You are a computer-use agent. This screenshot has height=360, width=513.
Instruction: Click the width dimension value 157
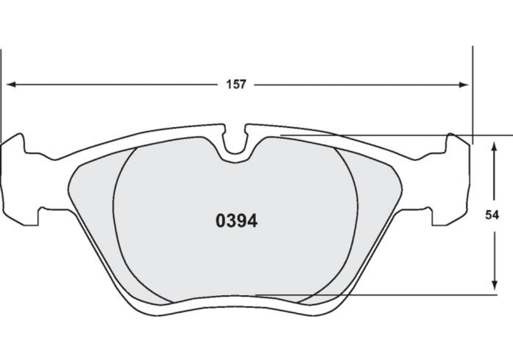click(236, 84)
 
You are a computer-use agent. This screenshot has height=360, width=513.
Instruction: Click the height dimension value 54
click(492, 215)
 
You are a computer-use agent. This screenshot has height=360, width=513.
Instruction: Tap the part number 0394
click(237, 221)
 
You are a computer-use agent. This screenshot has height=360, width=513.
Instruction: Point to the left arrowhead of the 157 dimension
click(11, 84)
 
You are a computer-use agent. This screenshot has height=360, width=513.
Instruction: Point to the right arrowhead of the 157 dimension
click(464, 85)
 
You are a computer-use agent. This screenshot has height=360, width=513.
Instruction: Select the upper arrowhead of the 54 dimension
click(494, 146)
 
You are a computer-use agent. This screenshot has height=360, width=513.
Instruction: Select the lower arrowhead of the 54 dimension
click(494, 284)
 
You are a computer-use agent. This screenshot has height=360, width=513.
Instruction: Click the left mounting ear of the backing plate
click(20, 180)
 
